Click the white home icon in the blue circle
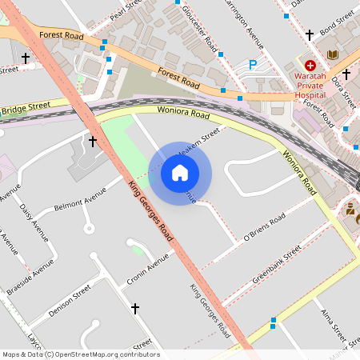pos(180,171)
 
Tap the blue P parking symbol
pos(253,65)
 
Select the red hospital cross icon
pos(310,63)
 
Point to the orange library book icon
pos(333,54)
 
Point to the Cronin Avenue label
pos(148,270)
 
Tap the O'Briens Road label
pos(263,228)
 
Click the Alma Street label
pos(330,322)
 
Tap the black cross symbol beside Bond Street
pos(310,35)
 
